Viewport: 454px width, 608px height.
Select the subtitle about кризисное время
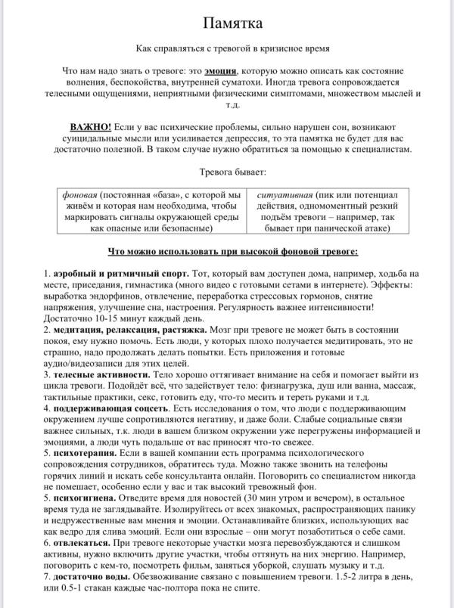coord(227,47)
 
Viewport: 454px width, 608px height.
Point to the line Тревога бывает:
coord(227,172)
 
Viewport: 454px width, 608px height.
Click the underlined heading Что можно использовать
coord(227,250)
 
